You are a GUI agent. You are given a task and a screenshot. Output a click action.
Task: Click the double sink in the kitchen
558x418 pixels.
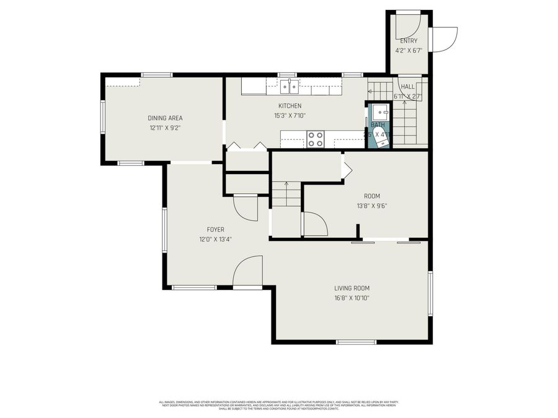(x=289, y=86)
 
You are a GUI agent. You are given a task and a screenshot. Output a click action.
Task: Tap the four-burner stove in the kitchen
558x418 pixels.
(x=315, y=139)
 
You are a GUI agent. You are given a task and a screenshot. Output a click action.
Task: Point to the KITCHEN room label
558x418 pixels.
(x=290, y=106)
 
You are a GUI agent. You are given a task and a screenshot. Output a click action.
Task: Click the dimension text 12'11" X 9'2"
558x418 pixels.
(x=165, y=128)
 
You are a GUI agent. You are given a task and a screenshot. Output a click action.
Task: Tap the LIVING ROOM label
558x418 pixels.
(x=352, y=288)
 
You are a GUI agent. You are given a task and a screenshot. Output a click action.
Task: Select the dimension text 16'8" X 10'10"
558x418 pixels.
(x=352, y=298)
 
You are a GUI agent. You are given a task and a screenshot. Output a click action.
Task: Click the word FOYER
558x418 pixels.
(x=215, y=229)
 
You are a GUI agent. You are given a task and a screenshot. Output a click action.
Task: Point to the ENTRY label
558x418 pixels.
(x=409, y=41)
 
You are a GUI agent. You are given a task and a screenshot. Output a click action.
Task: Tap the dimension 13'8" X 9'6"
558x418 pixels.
(x=372, y=206)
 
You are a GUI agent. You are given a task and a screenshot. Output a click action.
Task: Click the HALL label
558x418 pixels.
(x=407, y=87)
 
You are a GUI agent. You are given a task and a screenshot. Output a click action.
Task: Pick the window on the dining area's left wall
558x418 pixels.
(x=102, y=118)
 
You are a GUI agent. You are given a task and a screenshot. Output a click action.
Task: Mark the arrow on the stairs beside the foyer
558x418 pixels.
(x=286, y=185)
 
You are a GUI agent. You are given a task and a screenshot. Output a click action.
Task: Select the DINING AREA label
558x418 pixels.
(x=165, y=118)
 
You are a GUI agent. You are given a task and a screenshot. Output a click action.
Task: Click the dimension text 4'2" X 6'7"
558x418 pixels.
(x=409, y=51)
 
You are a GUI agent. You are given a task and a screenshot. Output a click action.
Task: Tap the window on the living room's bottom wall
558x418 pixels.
(x=355, y=341)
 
